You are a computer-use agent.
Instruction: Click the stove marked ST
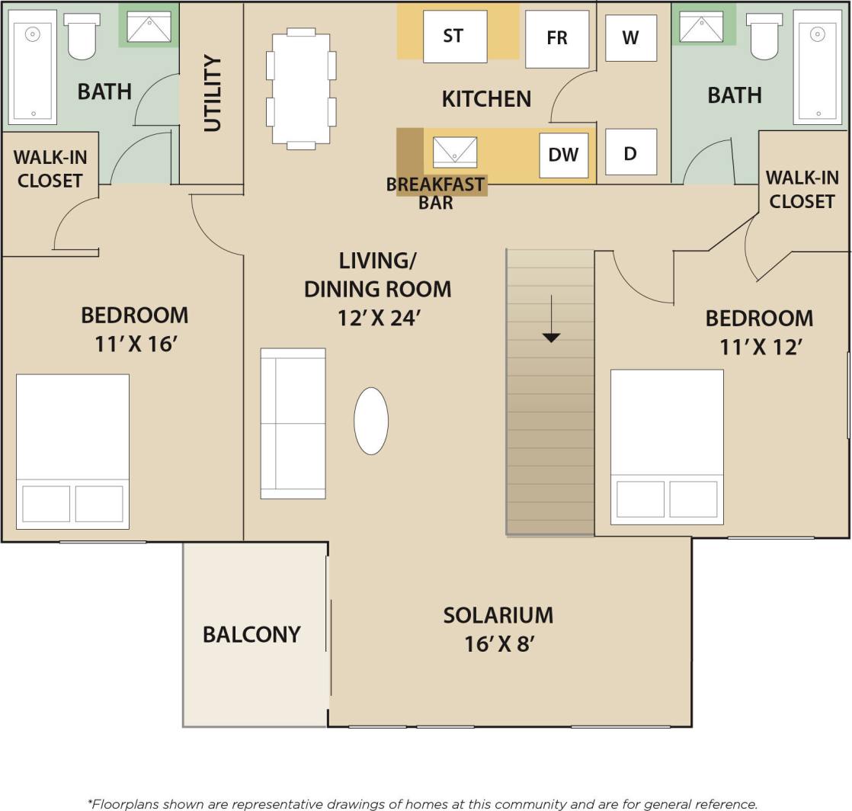454,36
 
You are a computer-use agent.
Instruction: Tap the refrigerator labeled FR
557,39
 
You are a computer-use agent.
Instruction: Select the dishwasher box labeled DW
563,155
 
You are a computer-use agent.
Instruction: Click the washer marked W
630,38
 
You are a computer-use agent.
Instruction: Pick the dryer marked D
630,152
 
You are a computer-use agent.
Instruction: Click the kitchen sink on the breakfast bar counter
454,152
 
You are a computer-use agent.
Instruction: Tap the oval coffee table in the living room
371,421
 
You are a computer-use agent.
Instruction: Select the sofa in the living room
293,424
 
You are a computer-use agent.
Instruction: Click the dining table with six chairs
301,88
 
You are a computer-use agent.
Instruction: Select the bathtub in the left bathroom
33,67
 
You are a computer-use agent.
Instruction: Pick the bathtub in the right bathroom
817,67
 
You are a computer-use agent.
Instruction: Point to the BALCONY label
251,634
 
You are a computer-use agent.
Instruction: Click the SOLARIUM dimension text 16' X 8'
498,644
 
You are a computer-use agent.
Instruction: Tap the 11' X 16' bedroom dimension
135,344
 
